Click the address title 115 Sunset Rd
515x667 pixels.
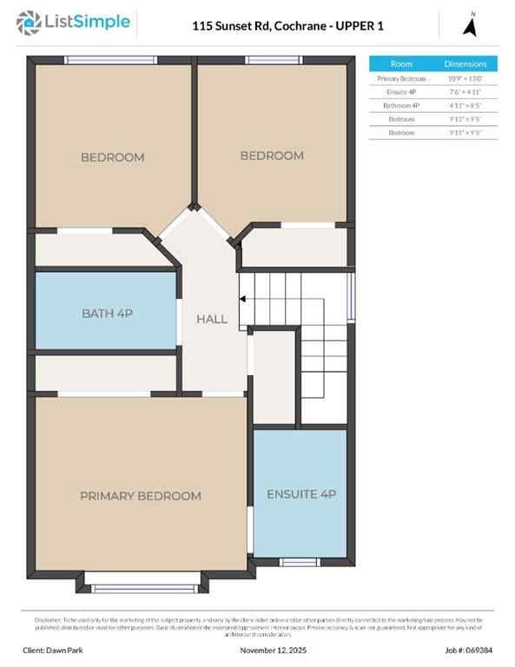tap(287, 26)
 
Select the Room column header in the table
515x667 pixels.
tap(401, 63)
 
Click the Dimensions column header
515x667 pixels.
tap(465, 63)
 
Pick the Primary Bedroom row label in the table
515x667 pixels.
tap(401, 78)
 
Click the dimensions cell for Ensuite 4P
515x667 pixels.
tap(465, 91)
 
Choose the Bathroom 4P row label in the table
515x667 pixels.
tap(401, 105)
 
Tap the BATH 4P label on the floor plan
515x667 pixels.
tap(108, 312)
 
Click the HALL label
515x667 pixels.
tap(212, 319)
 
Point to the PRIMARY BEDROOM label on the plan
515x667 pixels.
tap(141, 496)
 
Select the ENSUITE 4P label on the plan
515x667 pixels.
tap(300, 494)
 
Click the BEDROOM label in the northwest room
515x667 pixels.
tap(113, 157)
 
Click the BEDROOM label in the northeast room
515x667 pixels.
tap(272, 155)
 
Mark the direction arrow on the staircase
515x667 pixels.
tap(244, 300)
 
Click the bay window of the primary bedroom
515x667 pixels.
tap(145, 588)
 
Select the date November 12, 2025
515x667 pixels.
tap(274, 650)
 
